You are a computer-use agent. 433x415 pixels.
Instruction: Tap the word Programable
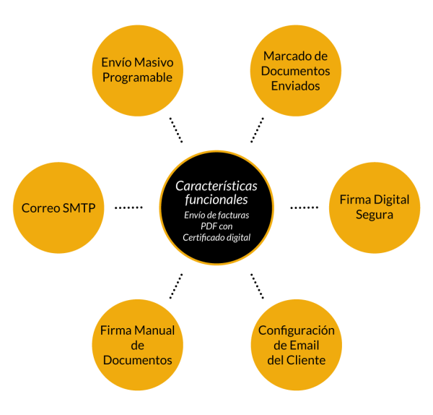[137, 77]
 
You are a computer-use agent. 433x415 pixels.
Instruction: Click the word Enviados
[295, 86]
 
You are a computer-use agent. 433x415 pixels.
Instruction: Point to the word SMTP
[84, 208]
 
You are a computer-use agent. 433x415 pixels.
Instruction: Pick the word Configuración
[297, 330]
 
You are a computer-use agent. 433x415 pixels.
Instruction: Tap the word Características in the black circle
[216, 186]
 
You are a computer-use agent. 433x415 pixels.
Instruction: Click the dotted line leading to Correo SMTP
[128, 208]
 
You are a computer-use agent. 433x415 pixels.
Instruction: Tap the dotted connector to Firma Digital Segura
[304, 208]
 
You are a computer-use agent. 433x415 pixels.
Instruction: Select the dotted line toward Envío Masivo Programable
[175, 129]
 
